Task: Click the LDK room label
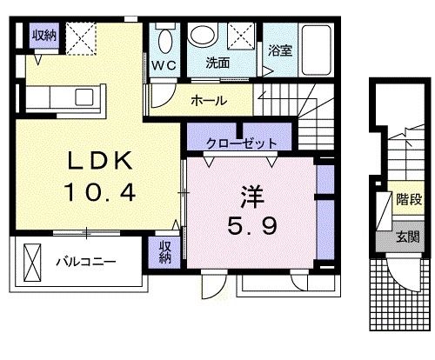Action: point(100,161)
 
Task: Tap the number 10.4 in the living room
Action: point(100,193)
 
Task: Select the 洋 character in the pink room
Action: point(251,197)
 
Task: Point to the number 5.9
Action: point(251,226)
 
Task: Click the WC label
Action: point(164,65)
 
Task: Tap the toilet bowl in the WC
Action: point(165,40)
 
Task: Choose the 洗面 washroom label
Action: point(217,63)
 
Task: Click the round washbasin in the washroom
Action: point(203,35)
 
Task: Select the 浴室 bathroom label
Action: point(280,50)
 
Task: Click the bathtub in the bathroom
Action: point(316,50)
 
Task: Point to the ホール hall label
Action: point(209,101)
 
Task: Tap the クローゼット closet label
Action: point(241,143)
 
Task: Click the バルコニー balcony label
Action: point(86,262)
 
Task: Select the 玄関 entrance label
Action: point(408,237)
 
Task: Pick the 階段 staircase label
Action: point(409,200)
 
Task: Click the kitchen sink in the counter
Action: point(84,97)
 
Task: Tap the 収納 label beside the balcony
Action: point(165,252)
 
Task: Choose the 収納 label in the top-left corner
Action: point(44,36)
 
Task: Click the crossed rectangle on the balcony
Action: point(32,263)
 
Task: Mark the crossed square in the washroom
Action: point(241,36)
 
